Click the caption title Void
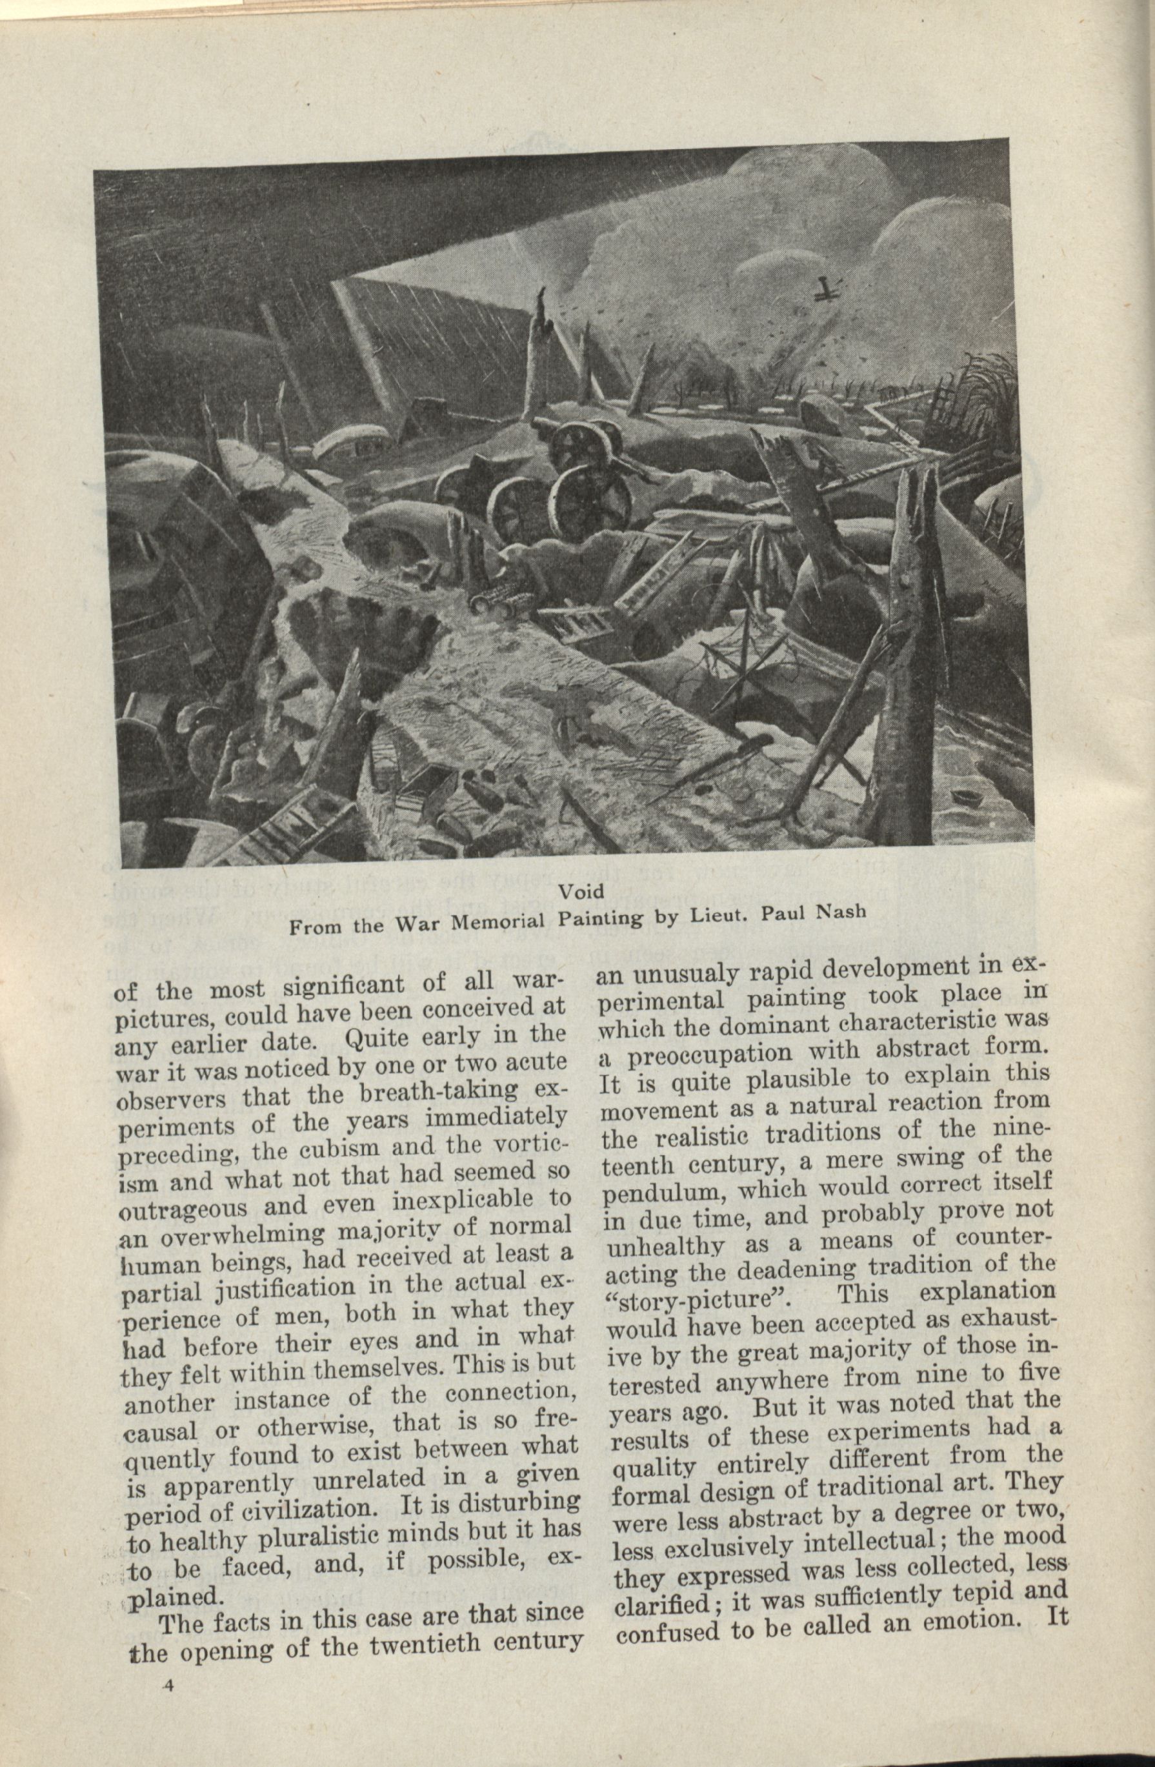[581, 892]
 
